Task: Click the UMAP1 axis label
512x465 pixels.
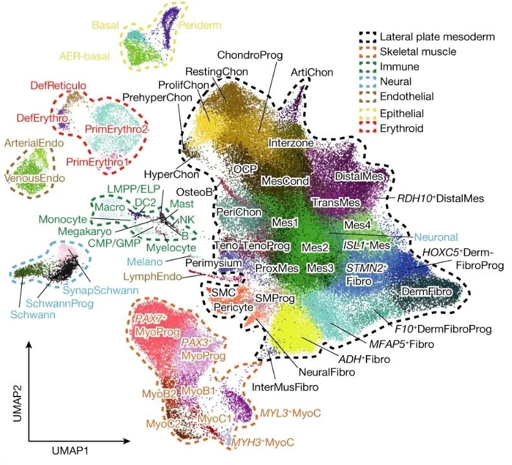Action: pos(70,451)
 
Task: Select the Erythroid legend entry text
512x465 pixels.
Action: pos(401,129)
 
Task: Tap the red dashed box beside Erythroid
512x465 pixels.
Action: pos(368,128)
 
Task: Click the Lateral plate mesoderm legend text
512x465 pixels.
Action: pos(437,37)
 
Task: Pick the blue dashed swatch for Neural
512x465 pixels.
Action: pos(368,81)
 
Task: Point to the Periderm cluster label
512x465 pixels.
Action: pos(200,25)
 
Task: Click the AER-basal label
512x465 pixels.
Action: pos(85,56)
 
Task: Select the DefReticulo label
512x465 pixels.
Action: pos(58,86)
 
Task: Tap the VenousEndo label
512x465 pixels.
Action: pos(35,178)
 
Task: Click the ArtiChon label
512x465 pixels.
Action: pos(312,72)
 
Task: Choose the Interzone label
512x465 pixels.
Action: pos(291,143)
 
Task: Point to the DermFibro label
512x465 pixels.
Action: pos(427,291)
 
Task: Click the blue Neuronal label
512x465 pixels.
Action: pos(436,237)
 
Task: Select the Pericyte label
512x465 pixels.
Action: pos(233,307)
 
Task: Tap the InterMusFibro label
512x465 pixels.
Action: pos(285,387)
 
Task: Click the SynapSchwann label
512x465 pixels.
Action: pos(101,290)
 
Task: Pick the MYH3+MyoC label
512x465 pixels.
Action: pos(262,442)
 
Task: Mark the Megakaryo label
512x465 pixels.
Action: pos(85,231)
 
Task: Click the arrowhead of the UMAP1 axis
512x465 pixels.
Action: pos(127,441)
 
